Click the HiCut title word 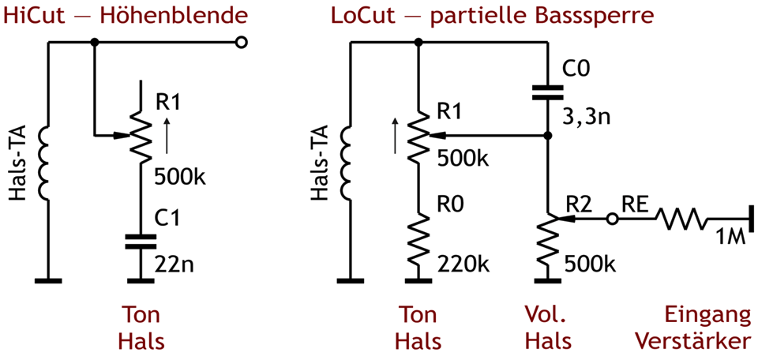point(32,15)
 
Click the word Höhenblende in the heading point(174,15)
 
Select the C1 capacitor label point(167,219)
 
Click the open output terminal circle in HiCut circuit point(242,44)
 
